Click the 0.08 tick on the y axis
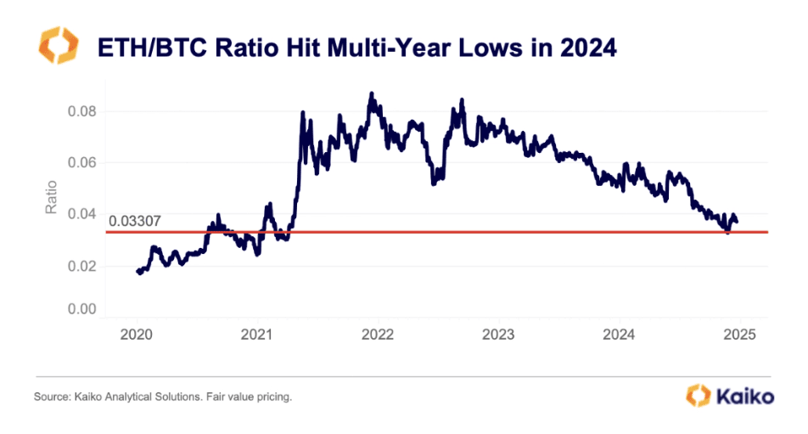click(x=81, y=112)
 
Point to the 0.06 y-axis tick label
click(x=81, y=163)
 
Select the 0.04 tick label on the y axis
click(x=81, y=214)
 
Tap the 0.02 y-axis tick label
click(x=81, y=266)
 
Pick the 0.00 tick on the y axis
click(x=81, y=310)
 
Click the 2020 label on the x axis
click(x=137, y=333)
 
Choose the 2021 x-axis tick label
click(x=257, y=333)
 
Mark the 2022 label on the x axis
click(x=378, y=333)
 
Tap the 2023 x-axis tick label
click(x=498, y=333)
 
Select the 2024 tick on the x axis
click(x=619, y=333)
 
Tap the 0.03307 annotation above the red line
click(x=135, y=223)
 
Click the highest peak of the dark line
click(x=371, y=93)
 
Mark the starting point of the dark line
click(x=137, y=271)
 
